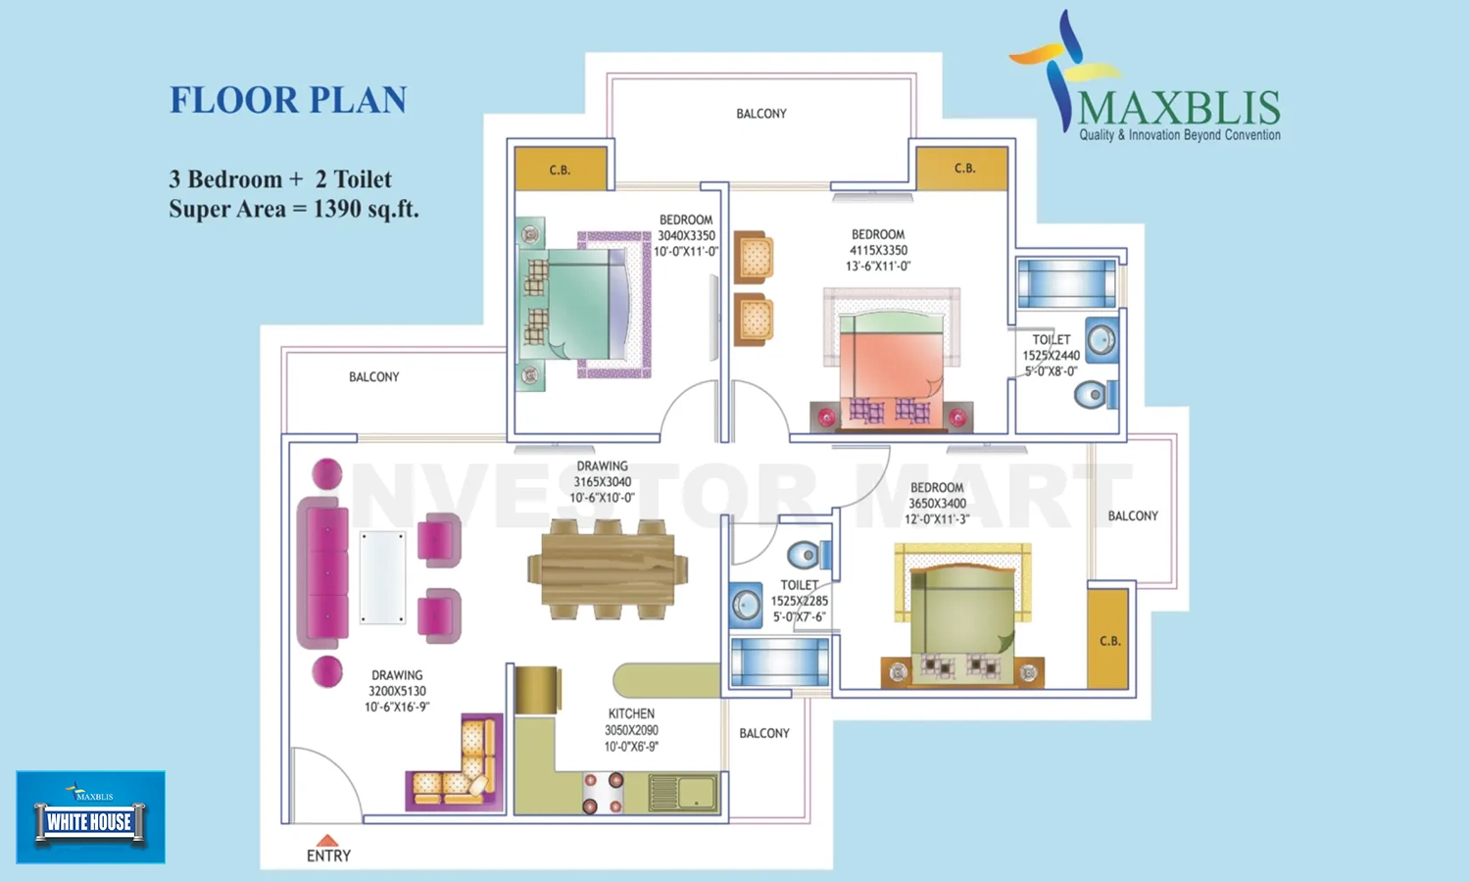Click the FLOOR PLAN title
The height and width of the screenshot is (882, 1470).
pyautogui.click(x=288, y=100)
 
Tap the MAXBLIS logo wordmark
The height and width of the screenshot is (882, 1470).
pyautogui.click(x=1179, y=109)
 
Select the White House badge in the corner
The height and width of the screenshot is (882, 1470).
pyautogui.click(x=90, y=816)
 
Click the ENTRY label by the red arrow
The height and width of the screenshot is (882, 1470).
pyautogui.click(x=328, y=856)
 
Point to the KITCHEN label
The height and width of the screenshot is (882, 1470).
pyautogui.click(x=631, y=714)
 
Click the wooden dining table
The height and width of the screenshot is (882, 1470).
pyautogui.click(x=608, y=569)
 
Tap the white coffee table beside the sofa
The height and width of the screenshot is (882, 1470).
pyautogui.click(x=382, y=577)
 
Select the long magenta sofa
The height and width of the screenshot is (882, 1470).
pyautogui.click(x=324, y=573)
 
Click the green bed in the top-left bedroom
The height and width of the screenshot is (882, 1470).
pyautogui.click(x=583, y=304)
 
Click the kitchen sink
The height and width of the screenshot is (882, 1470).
pyautogui.click(x=683, y=792)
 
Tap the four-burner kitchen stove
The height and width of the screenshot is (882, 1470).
pyautogui.click(x=603, y=793)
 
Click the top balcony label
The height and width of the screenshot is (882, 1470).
pyautogui.click(x=761, y=114)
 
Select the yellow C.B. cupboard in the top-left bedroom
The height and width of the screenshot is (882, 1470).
pyautogui.click(x=560, y=170)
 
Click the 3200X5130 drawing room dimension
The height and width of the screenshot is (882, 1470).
pyautogui.click(x=397, y=691)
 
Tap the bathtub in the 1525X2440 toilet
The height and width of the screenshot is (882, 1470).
pyautogui.click(x=1066, y=283)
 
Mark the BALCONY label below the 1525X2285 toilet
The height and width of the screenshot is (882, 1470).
pyautogui.click(x=764, y=733)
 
